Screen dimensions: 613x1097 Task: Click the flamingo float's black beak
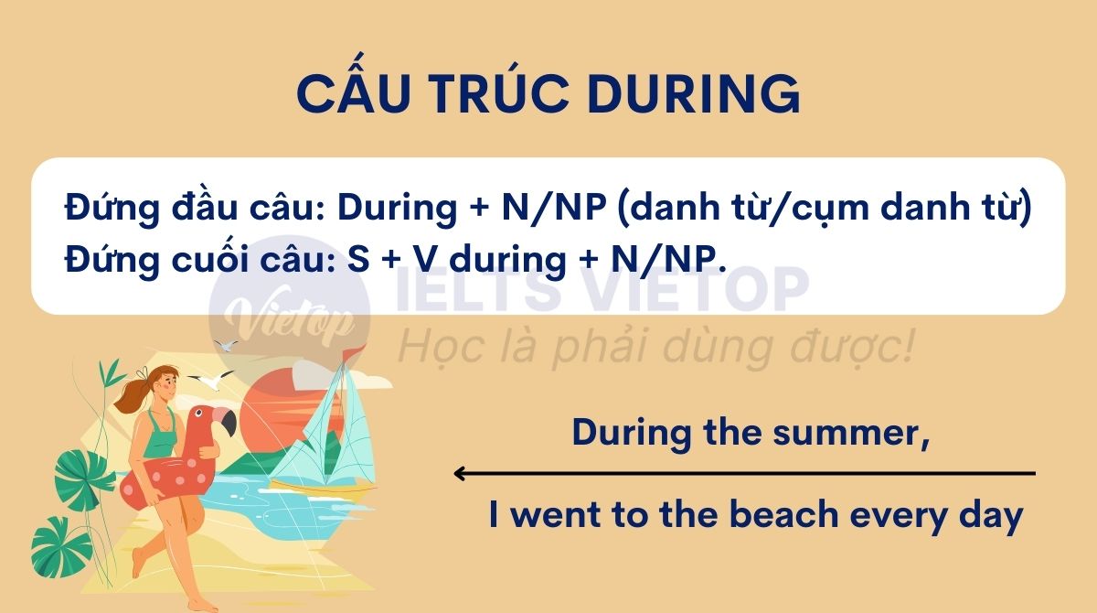pyautogui.click(x=226, y=423)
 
